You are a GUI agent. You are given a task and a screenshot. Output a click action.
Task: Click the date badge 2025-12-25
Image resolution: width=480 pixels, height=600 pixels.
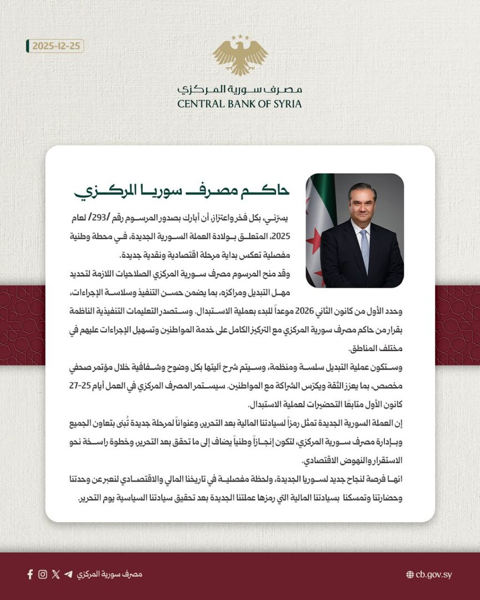56,46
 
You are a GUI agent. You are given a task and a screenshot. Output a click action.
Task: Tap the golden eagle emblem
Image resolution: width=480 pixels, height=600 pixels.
240,55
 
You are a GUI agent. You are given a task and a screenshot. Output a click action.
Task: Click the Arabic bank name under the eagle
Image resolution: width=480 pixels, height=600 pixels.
240,89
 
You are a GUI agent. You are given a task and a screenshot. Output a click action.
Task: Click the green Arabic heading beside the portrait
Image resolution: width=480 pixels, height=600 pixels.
182,191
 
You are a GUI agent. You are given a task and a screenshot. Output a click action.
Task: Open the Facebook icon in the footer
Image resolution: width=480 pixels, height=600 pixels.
30,574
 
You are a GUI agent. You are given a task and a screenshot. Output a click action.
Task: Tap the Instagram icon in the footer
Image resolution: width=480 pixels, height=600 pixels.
43,574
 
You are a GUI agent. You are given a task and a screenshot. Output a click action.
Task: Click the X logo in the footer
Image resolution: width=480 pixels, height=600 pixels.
56,574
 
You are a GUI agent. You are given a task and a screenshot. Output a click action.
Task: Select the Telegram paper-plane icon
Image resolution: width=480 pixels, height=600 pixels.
68,574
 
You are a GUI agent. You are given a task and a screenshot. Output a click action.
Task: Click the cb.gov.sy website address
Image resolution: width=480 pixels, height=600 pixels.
433,574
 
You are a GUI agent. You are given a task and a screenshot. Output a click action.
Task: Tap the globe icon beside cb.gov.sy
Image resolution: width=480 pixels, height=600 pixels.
410,574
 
